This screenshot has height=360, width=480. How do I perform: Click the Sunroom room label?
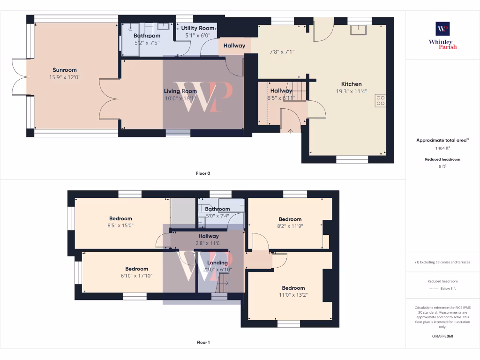(x=65, y=70)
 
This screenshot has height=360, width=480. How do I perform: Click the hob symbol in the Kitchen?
(x=380, y=100)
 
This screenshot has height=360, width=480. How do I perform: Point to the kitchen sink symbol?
(x=360, y=30)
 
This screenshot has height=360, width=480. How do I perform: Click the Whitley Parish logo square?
(x=442, y=29)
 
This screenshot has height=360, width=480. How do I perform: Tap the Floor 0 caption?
(x=203, y=173)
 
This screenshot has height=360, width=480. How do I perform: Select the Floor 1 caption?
(x=203, y=343)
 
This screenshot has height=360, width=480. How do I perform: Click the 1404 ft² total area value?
(x=442, y=148)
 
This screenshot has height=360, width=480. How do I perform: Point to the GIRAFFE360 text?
(x=442, y=336)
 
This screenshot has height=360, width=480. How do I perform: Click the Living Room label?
(x=180, y=91)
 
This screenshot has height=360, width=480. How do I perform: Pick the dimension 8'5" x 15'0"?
(x=121, y=225)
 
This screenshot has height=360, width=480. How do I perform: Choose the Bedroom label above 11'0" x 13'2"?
(x=293, y=288)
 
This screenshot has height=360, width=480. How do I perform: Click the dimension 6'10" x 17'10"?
(x=136, y=276)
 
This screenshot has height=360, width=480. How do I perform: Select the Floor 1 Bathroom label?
(x=217, y=209)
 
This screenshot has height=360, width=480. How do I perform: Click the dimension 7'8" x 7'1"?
(x=282, y=52)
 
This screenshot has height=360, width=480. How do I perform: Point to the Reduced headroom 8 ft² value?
(x=442, y=166)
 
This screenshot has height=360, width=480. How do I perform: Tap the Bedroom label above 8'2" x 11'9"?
(x=290, y=219)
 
